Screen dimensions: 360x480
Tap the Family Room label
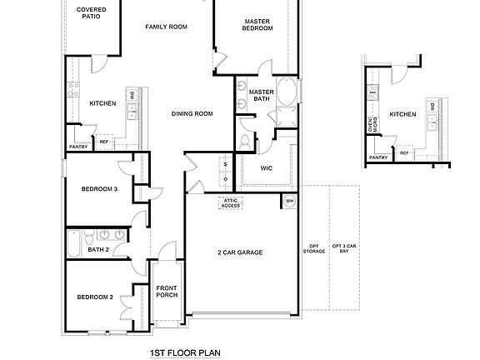tap(166, 27)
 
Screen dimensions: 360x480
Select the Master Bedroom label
tap(258, 25)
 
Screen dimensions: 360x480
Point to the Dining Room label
tap(192, 113)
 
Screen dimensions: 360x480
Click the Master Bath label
tap(261, 95)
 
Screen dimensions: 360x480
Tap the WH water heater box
tap(289, 201)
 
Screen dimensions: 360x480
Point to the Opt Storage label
tap(315, 249)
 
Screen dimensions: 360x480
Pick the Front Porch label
tap(167, 292)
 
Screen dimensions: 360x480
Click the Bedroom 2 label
tap(95, 297)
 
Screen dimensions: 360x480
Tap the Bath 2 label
tap(98, 249)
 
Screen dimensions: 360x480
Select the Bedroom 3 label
tap(98, 189)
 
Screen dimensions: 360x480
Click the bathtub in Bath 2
tap(74, 242)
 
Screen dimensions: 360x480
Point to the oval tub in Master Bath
tap(287, 92)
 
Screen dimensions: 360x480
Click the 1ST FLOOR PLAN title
tap(184, 352)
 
